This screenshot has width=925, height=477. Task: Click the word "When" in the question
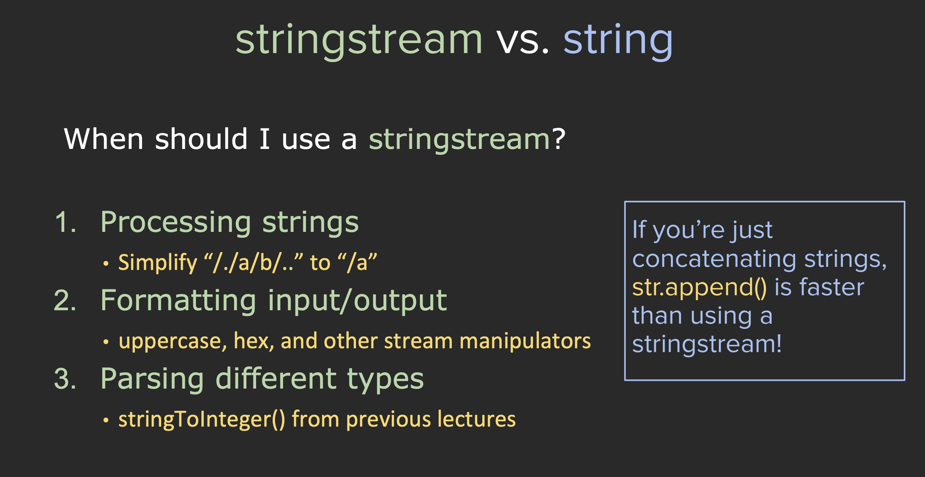104,139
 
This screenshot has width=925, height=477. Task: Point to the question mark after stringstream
559,139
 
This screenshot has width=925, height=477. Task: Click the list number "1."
65,223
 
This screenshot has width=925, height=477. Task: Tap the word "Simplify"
158,263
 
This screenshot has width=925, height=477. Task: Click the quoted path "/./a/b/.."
253,262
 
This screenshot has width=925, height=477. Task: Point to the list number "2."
65,301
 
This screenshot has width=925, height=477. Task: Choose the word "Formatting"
178,302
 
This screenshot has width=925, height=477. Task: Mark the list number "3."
65,379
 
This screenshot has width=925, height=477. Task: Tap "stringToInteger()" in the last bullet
202,420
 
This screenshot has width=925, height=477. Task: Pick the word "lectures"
477,419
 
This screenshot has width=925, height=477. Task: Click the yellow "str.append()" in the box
700,288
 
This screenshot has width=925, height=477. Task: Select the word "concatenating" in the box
714,259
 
